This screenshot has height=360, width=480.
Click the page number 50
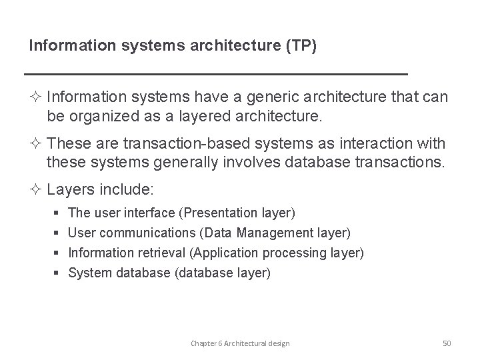[447, 343]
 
